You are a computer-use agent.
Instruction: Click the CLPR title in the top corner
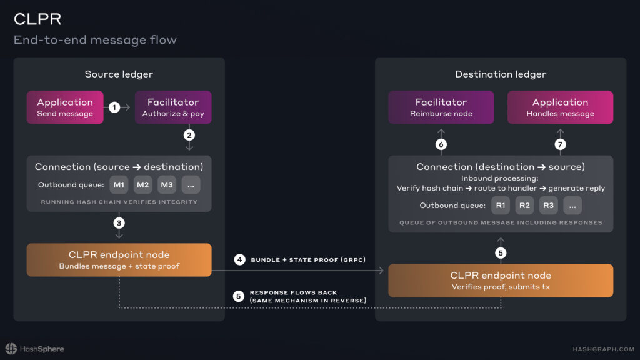coord(37,19)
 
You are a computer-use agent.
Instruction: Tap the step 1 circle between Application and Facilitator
coord(114,107)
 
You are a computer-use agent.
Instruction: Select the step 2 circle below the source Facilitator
coord(189,135)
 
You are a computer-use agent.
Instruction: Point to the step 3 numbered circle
coord(119,223)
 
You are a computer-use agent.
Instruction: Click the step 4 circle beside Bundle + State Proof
coord(239,259)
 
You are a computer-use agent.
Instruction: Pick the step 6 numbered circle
coord(441,144)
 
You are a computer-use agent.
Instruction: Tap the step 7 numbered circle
coord(560,144)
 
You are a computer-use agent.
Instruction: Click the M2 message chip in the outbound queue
coord(143,185)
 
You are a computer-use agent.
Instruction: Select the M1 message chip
coord(119,185)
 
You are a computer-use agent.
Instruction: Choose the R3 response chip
coord(548,205)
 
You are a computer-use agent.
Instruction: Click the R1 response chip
coord(501,205)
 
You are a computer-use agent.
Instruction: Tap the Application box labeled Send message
coord(65,107)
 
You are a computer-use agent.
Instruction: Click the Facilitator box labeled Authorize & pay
coord(173,107)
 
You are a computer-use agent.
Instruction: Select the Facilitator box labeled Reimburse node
coord(441,107)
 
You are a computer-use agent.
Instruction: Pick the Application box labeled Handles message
coord(560,107)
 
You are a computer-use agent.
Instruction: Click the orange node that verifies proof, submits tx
coord(501,281)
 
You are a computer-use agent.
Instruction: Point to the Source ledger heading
coord(119,74)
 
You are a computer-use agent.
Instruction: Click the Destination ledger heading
coord(501,74)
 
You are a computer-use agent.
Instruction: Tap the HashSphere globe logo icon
coord(11,349)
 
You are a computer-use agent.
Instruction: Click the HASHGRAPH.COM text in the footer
coord(604,349)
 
